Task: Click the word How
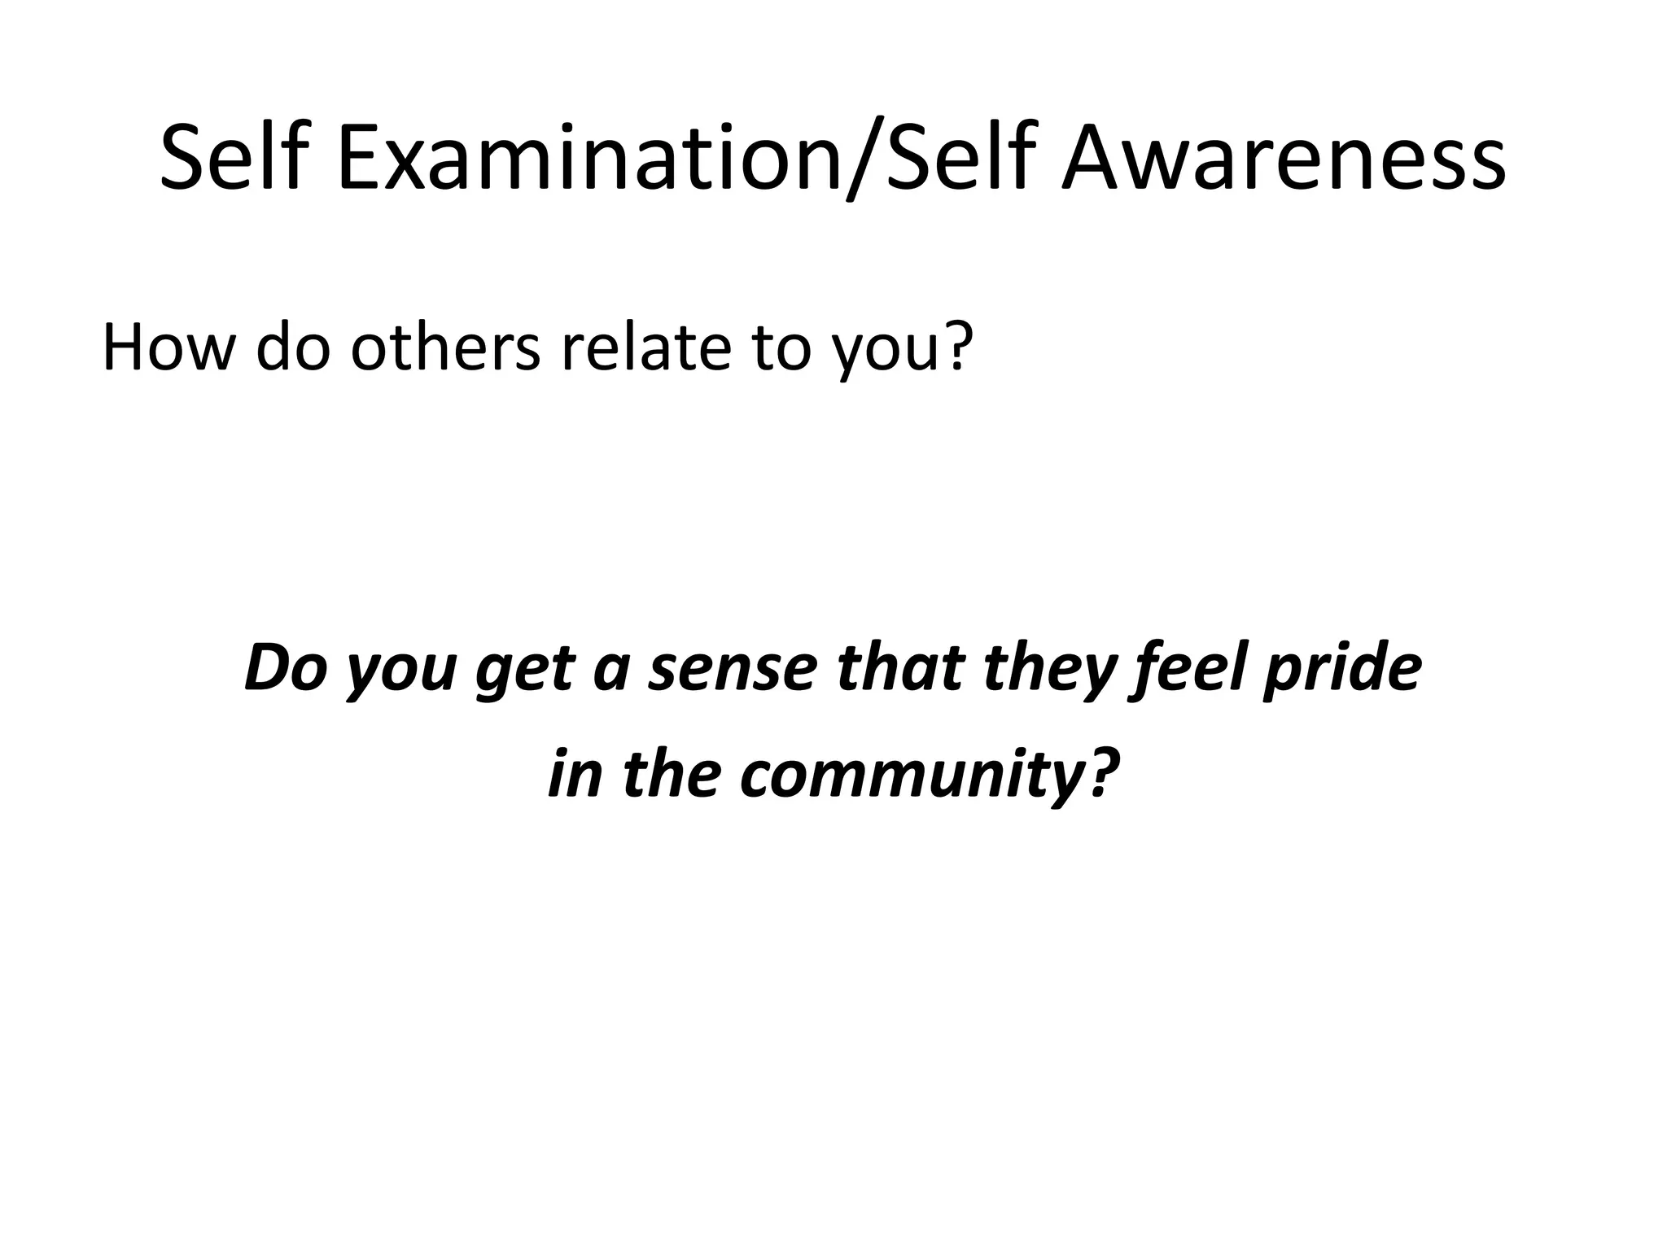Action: pos(168,347)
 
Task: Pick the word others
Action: pos(445,347)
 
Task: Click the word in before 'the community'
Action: pos(574,773)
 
